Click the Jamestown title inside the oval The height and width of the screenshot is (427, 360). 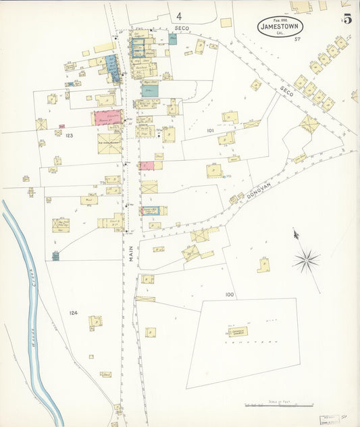click(280, 26)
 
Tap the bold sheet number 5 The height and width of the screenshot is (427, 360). click(347, 19)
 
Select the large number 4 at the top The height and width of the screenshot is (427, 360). click(179, 16)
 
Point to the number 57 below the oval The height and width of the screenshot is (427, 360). click(297, 39)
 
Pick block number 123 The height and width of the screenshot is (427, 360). click(69, 136)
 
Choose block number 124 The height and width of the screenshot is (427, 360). click(73, 313)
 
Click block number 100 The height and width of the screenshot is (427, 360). click(230, 295)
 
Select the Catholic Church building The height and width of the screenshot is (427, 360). click(237, 331)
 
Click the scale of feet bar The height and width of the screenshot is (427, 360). click(278, 405)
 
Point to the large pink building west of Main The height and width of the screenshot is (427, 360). click(107, 118)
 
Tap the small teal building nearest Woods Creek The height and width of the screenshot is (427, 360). click(55, 255)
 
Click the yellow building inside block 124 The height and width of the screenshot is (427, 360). click(95, 322)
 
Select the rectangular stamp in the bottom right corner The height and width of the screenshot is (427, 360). click(330, 420)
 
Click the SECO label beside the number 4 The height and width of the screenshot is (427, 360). click(181, 28)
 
